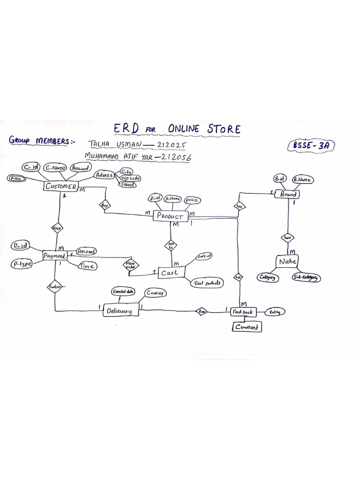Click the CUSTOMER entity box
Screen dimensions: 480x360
(x=60, y=187)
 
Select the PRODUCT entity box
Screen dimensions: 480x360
(x=171, y=216)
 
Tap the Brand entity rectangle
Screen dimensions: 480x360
(x=288, y=194)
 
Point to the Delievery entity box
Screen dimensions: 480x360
(x=121, y=310)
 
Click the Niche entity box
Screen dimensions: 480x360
(x=287, y=262)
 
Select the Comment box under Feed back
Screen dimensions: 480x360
(x=247, y=327)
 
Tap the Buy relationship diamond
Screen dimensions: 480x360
(x=104, y=205)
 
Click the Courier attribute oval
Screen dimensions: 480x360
(x=157, y=292)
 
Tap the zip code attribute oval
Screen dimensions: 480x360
(x=131, y=179)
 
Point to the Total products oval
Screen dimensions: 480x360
(x=206, y=283)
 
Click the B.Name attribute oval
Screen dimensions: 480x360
(x=302, y=179)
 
